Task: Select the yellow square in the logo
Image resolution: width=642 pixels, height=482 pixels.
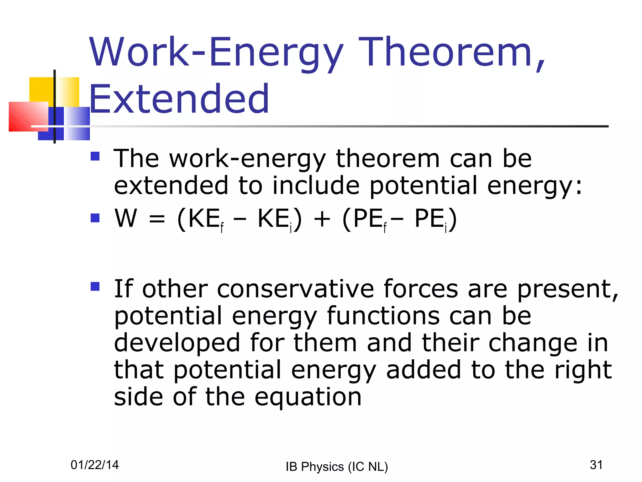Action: [42, 89]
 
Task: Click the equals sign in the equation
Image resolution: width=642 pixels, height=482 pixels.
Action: [157, 219]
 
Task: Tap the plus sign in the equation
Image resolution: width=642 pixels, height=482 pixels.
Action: [322, 219]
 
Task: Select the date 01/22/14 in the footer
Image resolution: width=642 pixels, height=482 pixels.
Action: [95, 465]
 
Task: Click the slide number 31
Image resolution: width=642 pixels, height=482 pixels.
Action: [596, 465]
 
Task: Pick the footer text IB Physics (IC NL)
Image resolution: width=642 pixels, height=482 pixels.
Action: [337, 467]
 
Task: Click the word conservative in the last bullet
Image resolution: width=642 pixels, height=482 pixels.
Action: [295, 289]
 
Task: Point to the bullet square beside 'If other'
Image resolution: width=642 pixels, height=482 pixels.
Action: [95, 286]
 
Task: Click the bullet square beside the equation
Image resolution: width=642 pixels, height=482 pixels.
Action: [95, 218]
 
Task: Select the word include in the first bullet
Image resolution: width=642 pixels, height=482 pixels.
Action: [316, 185]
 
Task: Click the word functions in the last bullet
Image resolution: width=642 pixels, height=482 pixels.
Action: [383, 316]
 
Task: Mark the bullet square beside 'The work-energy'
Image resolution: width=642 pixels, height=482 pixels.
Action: [95, 156]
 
